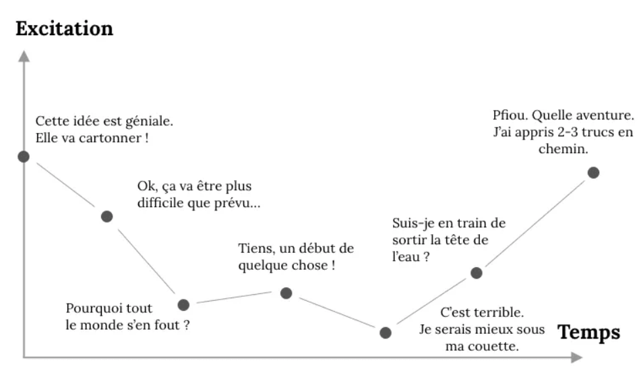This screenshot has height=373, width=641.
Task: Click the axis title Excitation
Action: coord(64,29)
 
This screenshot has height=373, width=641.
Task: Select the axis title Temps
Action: coord(588,332)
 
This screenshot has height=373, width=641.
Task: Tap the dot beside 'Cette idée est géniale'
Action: coord(24,156)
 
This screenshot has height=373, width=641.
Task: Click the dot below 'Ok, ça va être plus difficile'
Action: coord(106,217)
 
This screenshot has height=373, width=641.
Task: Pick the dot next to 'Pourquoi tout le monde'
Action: coord(183,305)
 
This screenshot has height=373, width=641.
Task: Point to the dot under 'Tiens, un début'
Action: coord(286,293)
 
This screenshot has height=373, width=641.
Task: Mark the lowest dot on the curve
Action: coord(386,332)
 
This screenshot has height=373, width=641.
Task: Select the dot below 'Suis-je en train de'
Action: coord(477,272)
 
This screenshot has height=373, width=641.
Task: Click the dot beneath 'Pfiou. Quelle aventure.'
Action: coord(593,173)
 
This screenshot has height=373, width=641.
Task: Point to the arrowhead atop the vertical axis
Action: coord(24,55)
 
